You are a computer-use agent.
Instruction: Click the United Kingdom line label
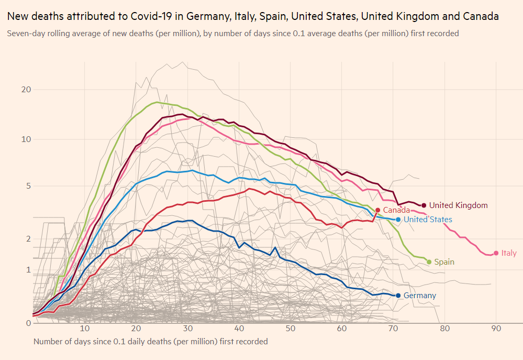tap(458, 205)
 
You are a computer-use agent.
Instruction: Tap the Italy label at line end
tap(509, 253)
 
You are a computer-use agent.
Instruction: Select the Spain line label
tap(444, 262)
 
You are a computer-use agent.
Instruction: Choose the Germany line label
tap(420, 296)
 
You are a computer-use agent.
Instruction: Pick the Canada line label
tap(396, 210)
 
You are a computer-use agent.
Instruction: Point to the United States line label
tap(428, 220)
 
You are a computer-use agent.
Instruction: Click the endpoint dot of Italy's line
tap(496, 253)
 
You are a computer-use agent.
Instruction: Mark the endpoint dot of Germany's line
tap(398, 296)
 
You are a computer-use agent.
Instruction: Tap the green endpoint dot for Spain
tap(429, 262)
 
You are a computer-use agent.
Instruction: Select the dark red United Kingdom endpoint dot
tap(424, 205)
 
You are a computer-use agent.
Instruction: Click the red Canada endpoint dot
tap(377, 210)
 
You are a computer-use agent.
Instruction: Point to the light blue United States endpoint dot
tap(398, 220)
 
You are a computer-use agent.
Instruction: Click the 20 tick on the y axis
tap(26, 90)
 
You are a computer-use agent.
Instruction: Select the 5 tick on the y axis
tap(28, 186)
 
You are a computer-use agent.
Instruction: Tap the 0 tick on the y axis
tap(28, 323)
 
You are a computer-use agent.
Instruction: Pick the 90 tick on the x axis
tap(496, 329)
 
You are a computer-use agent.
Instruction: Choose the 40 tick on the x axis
tap(239, 329)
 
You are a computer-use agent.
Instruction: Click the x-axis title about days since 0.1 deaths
tap(151, 342)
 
